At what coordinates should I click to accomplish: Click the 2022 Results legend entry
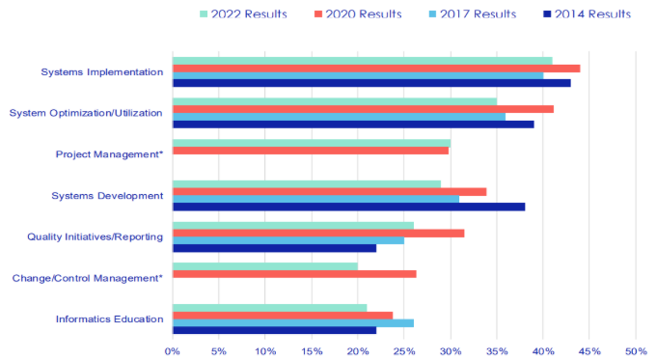(x=247, y=14)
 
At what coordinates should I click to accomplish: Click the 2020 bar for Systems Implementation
(x=376, y=68)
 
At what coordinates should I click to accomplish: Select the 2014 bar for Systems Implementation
(x=371, y=83)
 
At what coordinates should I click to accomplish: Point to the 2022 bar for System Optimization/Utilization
(x=335, y=100)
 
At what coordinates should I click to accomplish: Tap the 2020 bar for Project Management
(x=311, y=151)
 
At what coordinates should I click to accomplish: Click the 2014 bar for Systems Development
(x=348, y=207)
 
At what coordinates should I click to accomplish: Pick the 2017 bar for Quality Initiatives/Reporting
(x=288, y=240)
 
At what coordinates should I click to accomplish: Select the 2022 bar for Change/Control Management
(x=265, y=266)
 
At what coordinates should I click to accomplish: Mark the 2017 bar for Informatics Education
(x=293, y=322)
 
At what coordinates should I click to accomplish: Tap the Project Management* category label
(x=109, y=153)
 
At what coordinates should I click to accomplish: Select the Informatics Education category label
(x=109, y=318)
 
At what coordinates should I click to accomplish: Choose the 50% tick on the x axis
(x=636, y=350)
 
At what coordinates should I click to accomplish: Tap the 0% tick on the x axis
(x=173, y=350)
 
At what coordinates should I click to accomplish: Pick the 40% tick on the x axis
(x=543, y=350)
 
